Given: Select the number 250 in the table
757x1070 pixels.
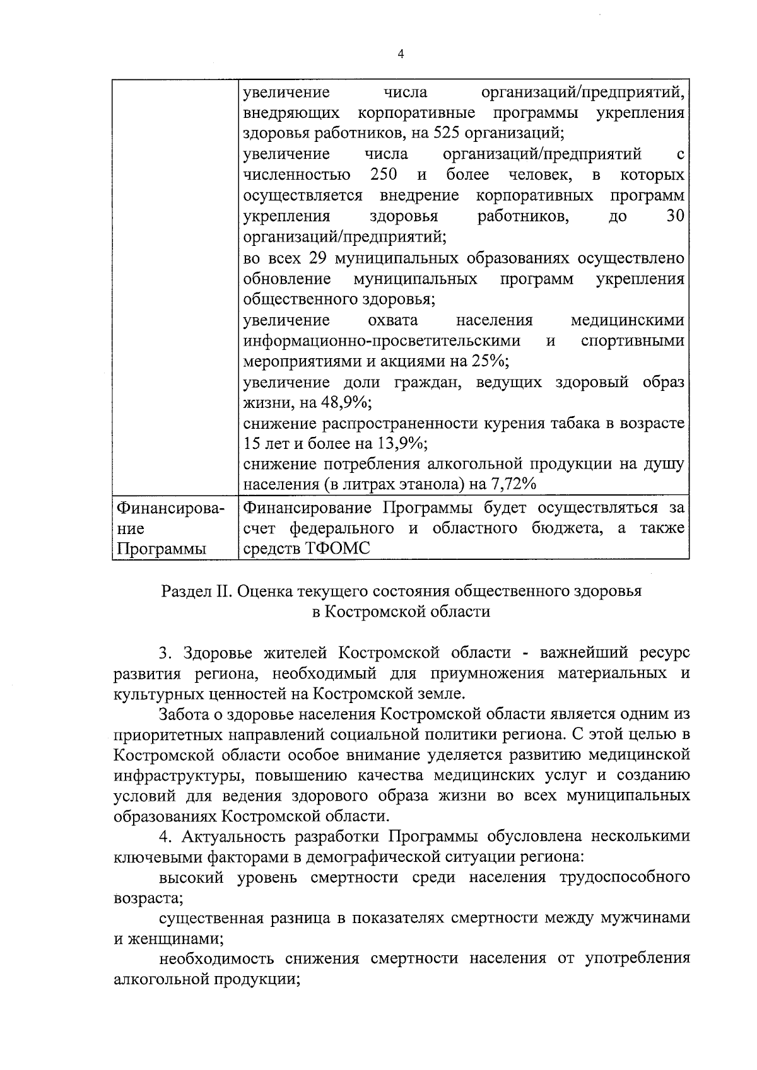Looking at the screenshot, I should tap(383, 174).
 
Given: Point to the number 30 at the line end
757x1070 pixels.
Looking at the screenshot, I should tap(675, 216).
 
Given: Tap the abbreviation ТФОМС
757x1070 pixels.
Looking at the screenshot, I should tap(338, 549).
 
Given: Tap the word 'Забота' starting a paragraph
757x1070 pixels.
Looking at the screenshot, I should tap(182, 714).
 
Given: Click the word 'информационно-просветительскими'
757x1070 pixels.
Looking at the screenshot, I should tap(382, 341).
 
